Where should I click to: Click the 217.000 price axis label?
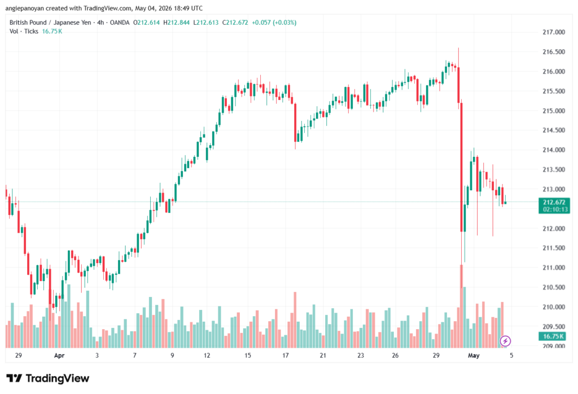click(x=554, y=32)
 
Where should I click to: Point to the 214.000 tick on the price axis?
click(x=554, y=150)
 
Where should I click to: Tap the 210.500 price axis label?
click(x=554, y=287)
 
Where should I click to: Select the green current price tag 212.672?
click(x=554, y=205)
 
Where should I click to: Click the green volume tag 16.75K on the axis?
click(x=554, y=336)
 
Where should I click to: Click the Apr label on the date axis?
click(x=59, y=356)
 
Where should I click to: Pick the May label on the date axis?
click(x=474, y=356)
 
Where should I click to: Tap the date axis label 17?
click(x=285, y=356)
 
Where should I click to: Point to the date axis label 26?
click(x=395, y=356)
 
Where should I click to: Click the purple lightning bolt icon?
click(x=505, y=341)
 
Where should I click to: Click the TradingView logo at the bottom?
click(x=48, y=379)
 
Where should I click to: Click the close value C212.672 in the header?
click(x=235, y=23)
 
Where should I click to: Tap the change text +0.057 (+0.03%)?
click(x=274, y=23)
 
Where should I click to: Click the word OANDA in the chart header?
click(x=120, y=23)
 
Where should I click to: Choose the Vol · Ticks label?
click(x=24, y=32)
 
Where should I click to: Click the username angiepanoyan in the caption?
click(x=24, y=8)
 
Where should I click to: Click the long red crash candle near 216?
click(x=461, y=167)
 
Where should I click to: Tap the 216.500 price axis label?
click(x=554, y=52)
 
